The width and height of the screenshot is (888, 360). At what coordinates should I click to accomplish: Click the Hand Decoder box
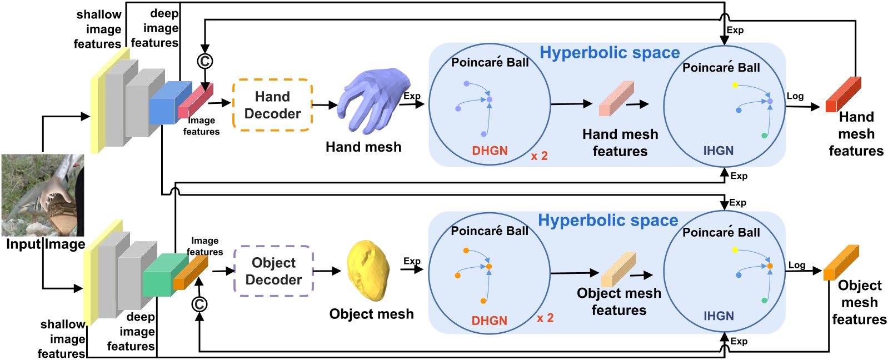[x=272, y=105]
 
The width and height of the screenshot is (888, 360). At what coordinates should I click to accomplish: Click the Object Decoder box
[x=273, y=271]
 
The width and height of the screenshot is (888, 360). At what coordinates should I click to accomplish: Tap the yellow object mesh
[x=367, y=269]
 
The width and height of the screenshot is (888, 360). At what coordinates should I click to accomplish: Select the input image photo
[x=43, y=196]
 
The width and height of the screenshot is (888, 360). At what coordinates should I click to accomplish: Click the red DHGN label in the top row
[x=490, y=151]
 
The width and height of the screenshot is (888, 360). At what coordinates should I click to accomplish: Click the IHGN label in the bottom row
[x=719, y=316]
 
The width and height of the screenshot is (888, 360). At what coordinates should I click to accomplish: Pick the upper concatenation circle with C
[x=205, y=61]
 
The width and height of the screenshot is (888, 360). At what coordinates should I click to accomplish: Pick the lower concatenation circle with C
[x=199, y=304]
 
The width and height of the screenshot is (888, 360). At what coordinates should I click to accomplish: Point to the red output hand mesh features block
[x=843, y=95]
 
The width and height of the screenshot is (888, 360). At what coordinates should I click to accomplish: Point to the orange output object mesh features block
[x=841, y=263]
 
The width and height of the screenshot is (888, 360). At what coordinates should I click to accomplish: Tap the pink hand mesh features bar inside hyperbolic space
[x=616, y=99]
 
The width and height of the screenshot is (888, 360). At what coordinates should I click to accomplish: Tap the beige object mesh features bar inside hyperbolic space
[x=618, y=269]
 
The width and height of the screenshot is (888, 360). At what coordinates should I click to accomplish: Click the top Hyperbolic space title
[x=610, y=53]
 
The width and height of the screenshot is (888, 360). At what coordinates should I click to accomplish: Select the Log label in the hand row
[x=795, y=96]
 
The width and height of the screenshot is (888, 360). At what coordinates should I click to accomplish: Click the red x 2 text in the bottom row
[x=545, y=318]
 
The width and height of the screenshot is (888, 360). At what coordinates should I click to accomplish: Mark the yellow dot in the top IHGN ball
[x=735, y=85]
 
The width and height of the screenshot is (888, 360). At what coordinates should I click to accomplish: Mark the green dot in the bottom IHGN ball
[x=764, y=301]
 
